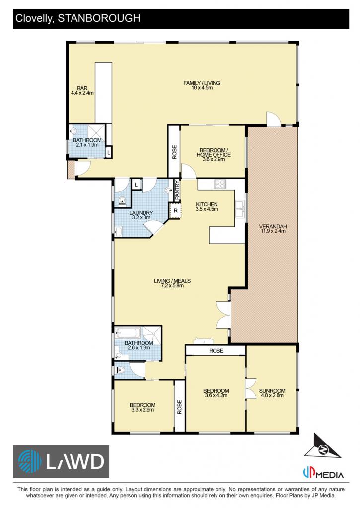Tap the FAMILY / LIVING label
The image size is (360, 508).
click(x=202, y=83)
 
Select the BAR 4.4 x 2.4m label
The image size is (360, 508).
click(x=82, y=91)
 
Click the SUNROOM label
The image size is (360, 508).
click(x=272, y=391)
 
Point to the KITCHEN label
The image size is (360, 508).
click(x=207, y=204)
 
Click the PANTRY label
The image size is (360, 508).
click(x=177, y=190)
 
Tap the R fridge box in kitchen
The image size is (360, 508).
click(x=175, y=211)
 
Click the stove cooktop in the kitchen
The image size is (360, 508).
click(x=220, y=184)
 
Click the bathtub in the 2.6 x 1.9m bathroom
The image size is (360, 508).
click(x=128, y=333)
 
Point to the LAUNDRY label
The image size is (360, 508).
click(x=141, y=213)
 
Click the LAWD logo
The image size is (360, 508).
click(x=61, y=461)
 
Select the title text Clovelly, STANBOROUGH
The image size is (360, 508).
click(x=78, y=18)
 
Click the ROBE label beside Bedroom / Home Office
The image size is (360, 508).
click(x=174, y=152)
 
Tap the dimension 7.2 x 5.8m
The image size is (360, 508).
click(x=172, y=285)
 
